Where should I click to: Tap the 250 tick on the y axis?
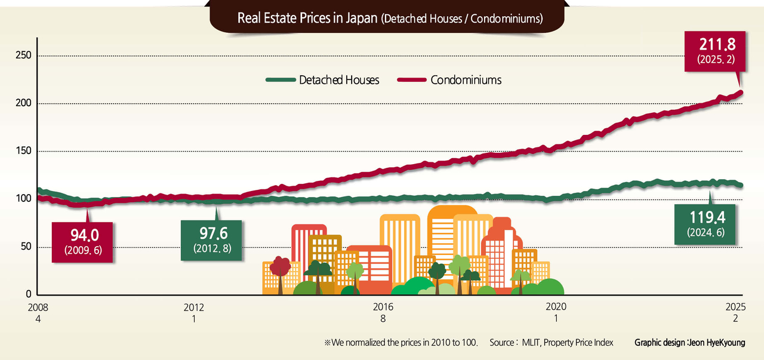pos(23,56)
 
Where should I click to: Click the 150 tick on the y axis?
pos(23,151)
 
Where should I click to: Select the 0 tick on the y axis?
pos(28,294)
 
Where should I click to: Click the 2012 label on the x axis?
pos(193,307)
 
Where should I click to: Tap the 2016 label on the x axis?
pos(383,307)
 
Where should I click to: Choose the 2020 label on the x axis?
pos(556,307)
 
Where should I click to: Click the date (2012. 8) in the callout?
pos(212,247)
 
